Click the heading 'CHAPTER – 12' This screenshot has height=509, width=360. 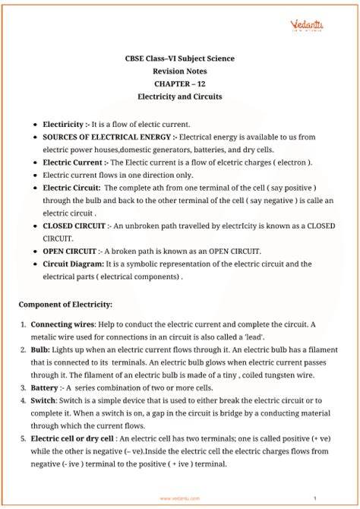click(x=179, y=84)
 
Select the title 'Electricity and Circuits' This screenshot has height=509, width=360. click(x=179, y=97)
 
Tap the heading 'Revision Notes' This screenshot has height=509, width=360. click(x=179, y=71)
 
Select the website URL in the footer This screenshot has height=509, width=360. click(x=180, y=498)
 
